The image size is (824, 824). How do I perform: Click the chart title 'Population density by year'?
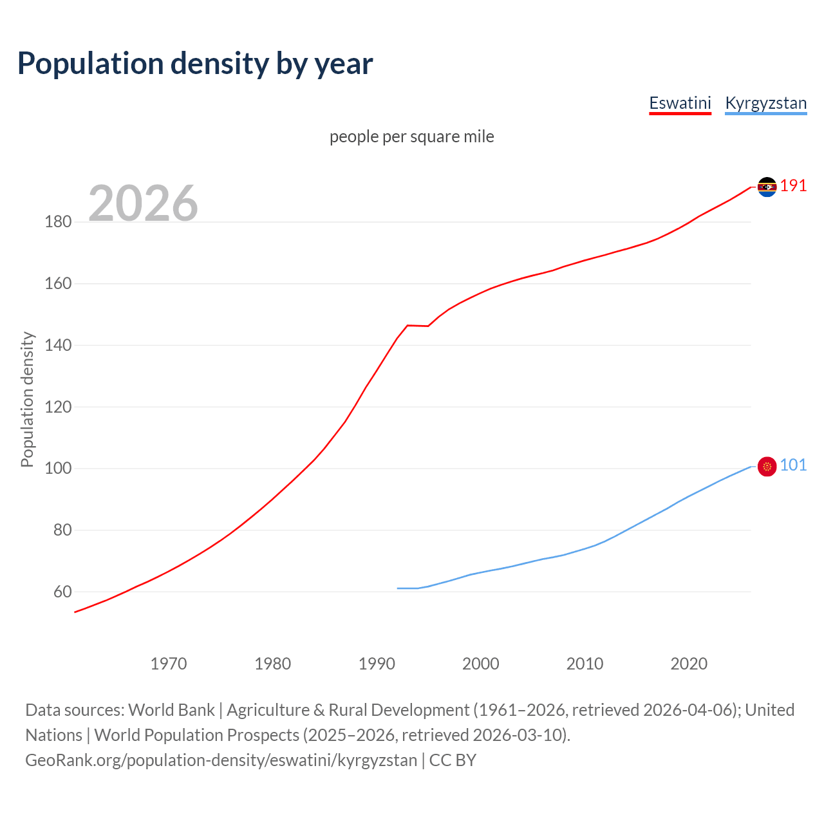(195, 63)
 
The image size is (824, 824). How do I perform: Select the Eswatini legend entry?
(680, 103)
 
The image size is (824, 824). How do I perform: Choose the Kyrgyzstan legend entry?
(765, 103)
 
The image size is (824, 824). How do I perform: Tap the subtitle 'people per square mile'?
(412, 136)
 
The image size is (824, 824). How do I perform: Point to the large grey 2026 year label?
(143, 203)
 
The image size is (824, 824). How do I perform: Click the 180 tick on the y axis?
(58, 222)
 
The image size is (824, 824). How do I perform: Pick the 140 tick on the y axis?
(58, 346)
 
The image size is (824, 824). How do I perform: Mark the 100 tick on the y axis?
(58, 469)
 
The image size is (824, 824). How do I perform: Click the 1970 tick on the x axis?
(169, 664)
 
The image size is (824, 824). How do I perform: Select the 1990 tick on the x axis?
(377, 664)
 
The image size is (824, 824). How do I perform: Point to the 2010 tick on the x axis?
(585, 664)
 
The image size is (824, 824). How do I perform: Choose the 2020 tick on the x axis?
(689, 664)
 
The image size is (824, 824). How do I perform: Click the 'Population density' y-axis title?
(27, 399)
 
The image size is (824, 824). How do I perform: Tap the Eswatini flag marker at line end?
(767, 187)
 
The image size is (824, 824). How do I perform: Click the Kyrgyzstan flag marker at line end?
(767, 466)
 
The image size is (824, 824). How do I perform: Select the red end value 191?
(793, 186)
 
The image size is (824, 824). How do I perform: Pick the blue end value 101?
(793, 465)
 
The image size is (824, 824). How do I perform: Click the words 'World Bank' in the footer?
(171, 710)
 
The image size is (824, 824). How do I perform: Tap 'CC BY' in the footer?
(453, 760)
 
